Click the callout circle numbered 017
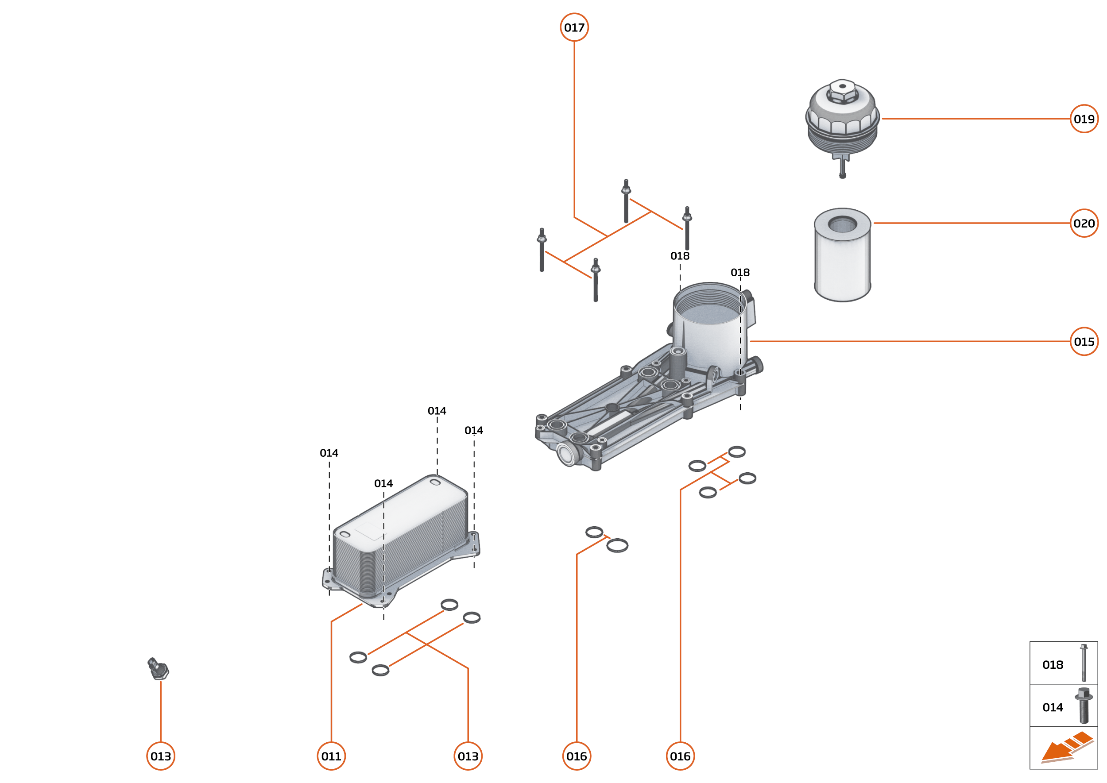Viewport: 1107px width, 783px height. (574, 27)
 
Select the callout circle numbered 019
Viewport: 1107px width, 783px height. (1084, 119)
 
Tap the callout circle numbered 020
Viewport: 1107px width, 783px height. (1084, 223)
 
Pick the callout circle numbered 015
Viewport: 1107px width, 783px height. (1084, 341)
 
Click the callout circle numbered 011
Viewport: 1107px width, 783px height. (331, 756)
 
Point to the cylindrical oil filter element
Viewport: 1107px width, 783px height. (842, 255)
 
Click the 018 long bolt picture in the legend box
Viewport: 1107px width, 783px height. (1084, 663)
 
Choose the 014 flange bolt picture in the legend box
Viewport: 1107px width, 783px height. (1084, 705)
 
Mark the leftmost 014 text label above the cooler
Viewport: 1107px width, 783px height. (329, 453)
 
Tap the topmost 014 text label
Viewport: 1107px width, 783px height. (437, 411)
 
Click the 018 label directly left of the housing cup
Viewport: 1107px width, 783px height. (680, 256)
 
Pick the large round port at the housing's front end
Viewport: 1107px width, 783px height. (566, 454)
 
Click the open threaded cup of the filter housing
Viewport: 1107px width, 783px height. (709, 309)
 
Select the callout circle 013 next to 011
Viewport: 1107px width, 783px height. (468, 756)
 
